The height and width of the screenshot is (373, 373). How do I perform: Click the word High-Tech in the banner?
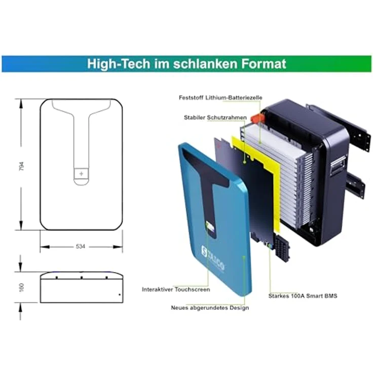click(119, 64)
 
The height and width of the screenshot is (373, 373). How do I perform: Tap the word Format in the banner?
click(264, 64)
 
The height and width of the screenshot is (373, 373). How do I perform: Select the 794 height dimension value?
click(21, 166)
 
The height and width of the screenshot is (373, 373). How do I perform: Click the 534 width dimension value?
click(81, 246)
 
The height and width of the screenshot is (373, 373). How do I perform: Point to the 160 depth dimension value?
click(21, 287)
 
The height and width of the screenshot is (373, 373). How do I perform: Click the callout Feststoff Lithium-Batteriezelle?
click(220, 97)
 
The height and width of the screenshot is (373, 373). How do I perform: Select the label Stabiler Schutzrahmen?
click(215, 118)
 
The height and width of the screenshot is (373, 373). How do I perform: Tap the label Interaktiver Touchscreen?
click(176, 289)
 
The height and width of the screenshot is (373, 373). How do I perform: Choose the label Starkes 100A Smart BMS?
click(303, 296)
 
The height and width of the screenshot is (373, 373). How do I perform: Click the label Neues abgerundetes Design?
click(210, 308)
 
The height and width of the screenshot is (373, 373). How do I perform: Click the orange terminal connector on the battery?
click(258, 118)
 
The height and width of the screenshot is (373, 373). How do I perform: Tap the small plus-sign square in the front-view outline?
click(81, 173)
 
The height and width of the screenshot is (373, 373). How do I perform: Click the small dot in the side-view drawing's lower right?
click(120, 295)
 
